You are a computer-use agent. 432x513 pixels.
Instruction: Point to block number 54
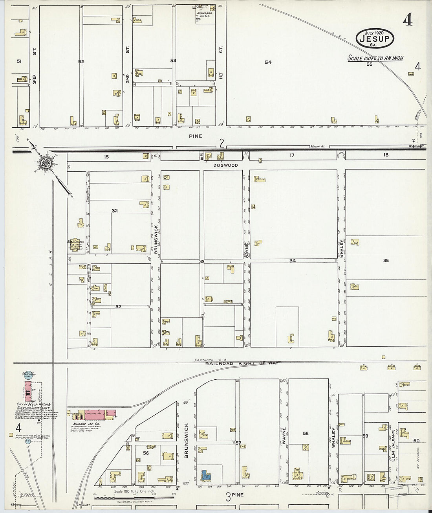(268, 62)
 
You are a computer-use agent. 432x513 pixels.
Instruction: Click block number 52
(81, 61)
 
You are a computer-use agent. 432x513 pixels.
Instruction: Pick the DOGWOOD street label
(225, 165)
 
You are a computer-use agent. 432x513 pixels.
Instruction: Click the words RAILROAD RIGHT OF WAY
(242, 364)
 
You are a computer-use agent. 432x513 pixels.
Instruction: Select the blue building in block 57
(205, 475)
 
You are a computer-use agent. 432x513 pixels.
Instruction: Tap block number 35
(386, 260)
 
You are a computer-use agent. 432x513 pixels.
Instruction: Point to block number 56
(146, 452)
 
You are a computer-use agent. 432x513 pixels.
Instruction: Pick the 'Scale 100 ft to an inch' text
(375, 58)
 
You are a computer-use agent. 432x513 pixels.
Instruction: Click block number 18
(386, 155)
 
